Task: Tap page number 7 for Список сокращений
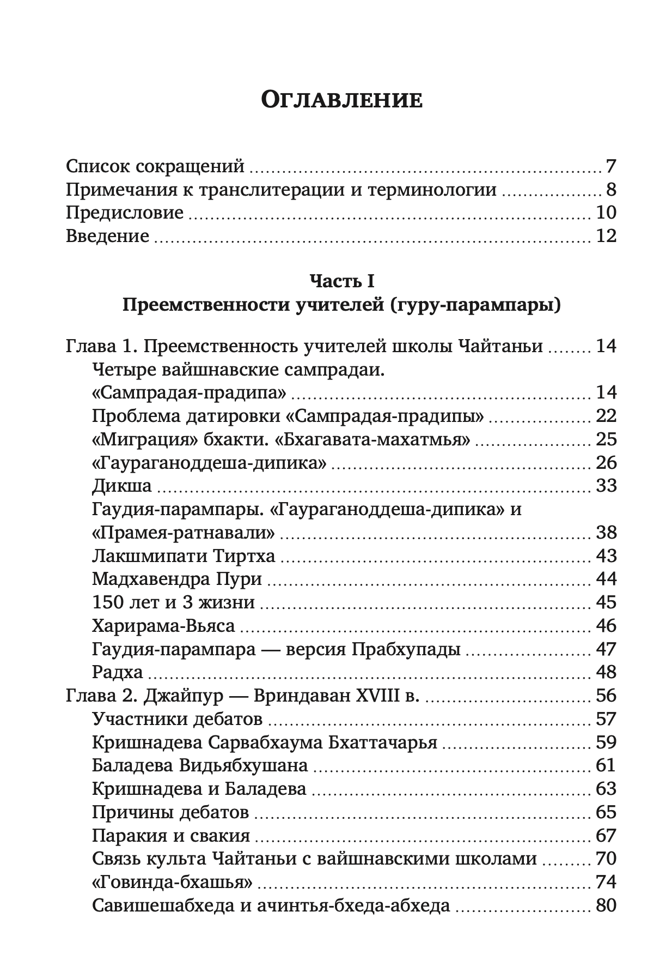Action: pos(610,166)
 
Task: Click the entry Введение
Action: pos(107,237)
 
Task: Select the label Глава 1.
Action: pos(101,347)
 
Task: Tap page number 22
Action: pos(606,416)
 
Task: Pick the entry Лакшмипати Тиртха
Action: pos(184,557)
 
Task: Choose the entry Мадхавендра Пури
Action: pos(178,579)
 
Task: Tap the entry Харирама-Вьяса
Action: pos(163,626)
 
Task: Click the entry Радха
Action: pos(118,673)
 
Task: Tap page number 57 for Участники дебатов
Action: pos(606,720)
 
